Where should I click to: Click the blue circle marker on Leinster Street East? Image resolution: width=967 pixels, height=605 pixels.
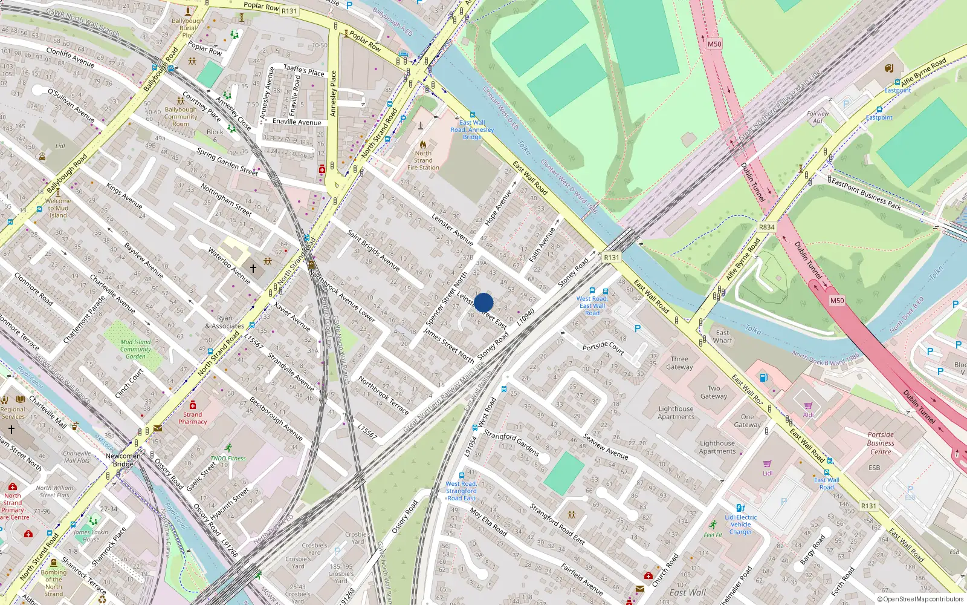pyautogui.click(x=483, y=302)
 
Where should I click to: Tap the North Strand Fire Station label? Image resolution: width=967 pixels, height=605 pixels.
pyautogui.click(x=423, y=160)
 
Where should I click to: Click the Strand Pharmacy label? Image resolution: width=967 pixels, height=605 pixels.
pyautogui.click(x=193, y=418)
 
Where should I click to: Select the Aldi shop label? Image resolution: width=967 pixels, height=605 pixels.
pyautogui.click(x=809, y=414)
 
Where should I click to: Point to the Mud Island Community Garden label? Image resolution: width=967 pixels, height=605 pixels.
pyautogui.click(x=135, y=349)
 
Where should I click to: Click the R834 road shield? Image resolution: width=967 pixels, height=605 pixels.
pyautogui.click(x=766, y=227)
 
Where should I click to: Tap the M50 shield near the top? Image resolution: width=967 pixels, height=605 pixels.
pyautogui.click(x=714, y=44)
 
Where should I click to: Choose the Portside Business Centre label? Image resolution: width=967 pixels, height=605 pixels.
pyautogui.click(x=881, y=443)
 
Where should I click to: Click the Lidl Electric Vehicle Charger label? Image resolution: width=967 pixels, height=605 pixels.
pyautogui.click(x=741, y=525)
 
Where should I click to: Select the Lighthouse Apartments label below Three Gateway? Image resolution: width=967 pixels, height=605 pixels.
pyautogui.click(x=676, y=413)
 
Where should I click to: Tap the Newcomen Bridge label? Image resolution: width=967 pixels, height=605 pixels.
pyautogui.click(x=123, y=460)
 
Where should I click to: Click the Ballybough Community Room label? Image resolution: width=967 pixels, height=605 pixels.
pyautogui.click(x=181, y=117)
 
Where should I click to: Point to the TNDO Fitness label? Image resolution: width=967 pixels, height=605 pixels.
pyautogui.click(x=228, y=458)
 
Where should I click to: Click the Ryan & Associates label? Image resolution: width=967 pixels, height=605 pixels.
pyautogui.click(x=224, y=322)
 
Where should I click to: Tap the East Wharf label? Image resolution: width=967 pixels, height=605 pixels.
pyautogui.click(x=722, y=336)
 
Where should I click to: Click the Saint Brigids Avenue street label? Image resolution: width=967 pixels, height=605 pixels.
pyautogui.click(x=373, y=249)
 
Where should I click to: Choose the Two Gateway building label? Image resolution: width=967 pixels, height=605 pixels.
pyautogui.click(x=714, y=392)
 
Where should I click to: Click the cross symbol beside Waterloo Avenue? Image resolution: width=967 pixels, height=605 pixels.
pyautogui.click(x=253, y=267)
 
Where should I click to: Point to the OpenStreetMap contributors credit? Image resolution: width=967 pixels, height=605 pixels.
pyautogui.click(x=920, y=599)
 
